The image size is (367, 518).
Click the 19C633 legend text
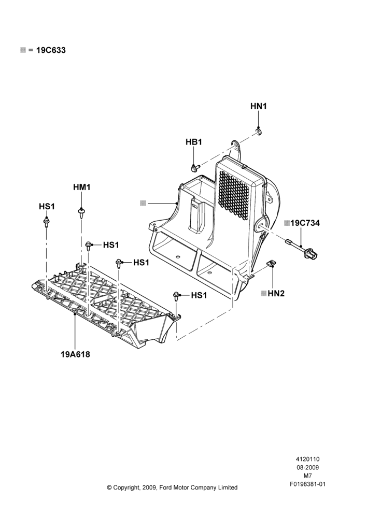(x=51, y=50)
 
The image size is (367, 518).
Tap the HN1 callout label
(x=258, y=106)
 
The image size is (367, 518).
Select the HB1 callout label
(x=194, y=142)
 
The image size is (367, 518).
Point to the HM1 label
(x=82, y=187)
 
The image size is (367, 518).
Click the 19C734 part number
(x=305, y=223)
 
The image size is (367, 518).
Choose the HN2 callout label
(x=276, y=293)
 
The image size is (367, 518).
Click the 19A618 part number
(x=75, y=354)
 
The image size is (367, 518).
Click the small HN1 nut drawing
(x=258, y=132)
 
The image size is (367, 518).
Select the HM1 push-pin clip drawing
(x=81, y=212)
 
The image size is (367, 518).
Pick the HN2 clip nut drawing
(x=271, y=263)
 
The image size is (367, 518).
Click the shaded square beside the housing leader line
(x=143, y=203)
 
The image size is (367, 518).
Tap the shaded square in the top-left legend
(x=23, y=50)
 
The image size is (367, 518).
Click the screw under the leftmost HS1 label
(x=46, y=222)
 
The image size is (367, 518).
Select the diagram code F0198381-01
(x=307, y=484)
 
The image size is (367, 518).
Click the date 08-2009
(x=307, y=467)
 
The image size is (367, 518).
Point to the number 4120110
(x=307, y=459)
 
